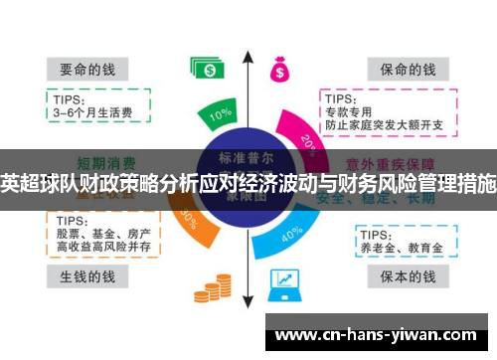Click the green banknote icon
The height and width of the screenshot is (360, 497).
(x=208, y=69)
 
